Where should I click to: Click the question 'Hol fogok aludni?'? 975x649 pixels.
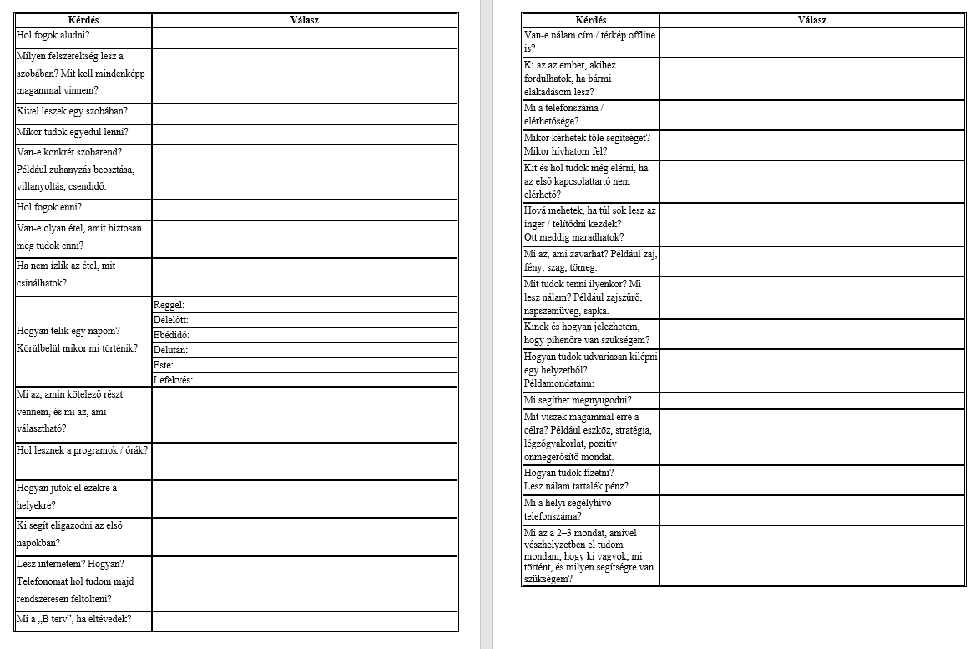(x=53, y=36)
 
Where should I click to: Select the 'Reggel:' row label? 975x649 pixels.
(x=169, y=305)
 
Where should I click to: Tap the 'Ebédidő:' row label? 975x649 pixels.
(x=173, y=335)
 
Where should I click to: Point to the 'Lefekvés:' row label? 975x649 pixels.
(x=174, y=380)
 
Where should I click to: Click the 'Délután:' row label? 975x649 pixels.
(x=171, y=350)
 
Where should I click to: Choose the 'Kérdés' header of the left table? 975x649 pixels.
(x=83, y=19)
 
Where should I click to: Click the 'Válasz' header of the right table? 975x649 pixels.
(x=811, y=20)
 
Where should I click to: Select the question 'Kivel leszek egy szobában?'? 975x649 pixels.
(x=72, y=111)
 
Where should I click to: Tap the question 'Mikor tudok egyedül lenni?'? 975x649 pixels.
(x=72, y=132)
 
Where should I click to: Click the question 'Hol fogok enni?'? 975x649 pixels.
(x=49, y=207)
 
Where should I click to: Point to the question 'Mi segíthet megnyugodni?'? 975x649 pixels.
(x=578, y=400)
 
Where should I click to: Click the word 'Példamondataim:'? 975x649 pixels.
(x=558, y=383)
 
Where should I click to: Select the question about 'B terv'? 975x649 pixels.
(x=73, y=620)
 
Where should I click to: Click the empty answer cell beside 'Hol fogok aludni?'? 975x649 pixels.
(x=305, y=38)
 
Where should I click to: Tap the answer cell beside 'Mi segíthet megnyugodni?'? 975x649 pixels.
(x=811, y=401)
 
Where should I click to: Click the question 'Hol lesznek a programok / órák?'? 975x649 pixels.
(x=82, y=449)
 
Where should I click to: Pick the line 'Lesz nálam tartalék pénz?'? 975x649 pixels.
(x=576, y=486)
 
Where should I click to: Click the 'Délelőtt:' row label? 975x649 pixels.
(x=171, y=320)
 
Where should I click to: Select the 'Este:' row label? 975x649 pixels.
(x=164, y=365)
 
